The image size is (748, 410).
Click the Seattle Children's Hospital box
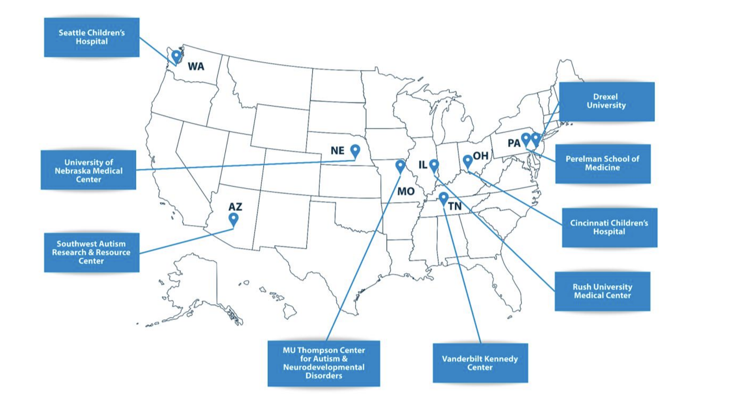(x=92, y=37)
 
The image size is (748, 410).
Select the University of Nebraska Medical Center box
(x=88, y=170)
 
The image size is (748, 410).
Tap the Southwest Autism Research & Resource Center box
(x=92, y=252)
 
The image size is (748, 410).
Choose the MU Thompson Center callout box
(x=324, y=363)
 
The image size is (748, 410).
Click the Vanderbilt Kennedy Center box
(x=480, y=363)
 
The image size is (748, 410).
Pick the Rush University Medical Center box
(x=603, y=291)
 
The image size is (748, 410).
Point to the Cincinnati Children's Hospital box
(x=609, y=227)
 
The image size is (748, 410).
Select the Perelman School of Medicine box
(x=603, y=163)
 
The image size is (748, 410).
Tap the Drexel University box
(x=607, y=101)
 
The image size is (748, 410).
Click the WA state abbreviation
(x=196, y=67)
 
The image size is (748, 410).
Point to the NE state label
(x=337, y=150)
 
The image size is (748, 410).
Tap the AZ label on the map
(x=235, y=207)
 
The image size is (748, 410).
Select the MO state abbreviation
(x=406, y=191)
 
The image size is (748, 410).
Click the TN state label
(x=455, y=207)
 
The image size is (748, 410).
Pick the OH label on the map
(x=481, y=156)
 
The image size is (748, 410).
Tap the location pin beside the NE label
(x=355, y=150)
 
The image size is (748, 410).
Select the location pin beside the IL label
(x=434, y=165)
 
